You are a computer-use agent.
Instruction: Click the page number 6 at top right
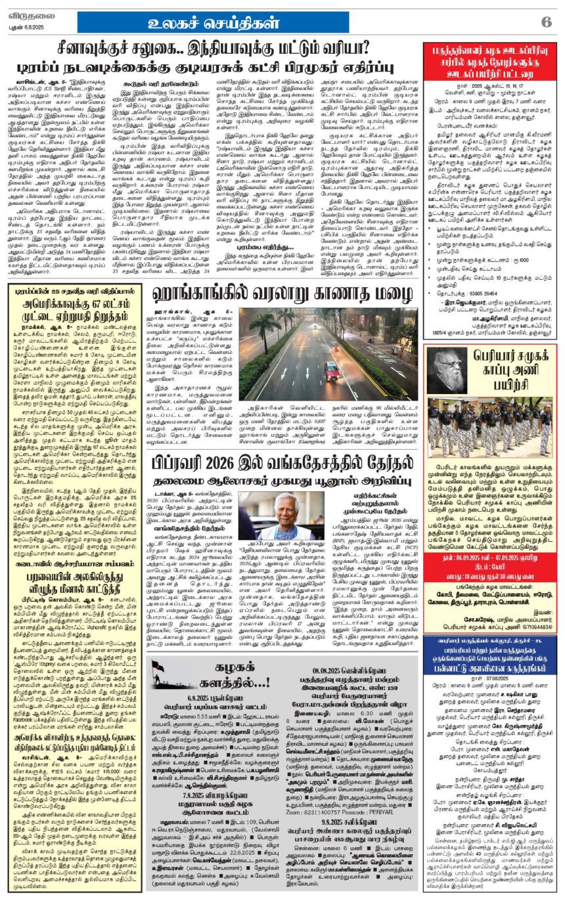(x=546, y=21)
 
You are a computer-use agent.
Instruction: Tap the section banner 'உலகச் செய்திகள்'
(x=214, y=21)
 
